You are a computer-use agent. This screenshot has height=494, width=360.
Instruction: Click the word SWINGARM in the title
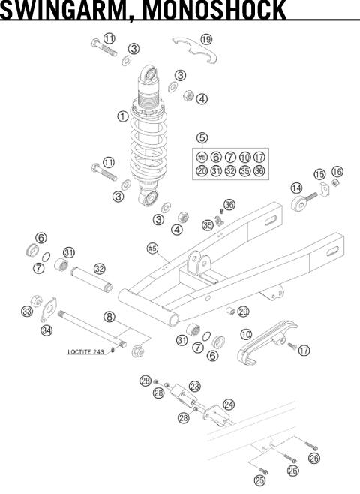[x=50, y=10]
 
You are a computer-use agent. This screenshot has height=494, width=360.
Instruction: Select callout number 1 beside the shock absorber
[x=122, y=117]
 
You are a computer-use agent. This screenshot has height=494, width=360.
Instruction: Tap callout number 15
[x=319, y=175]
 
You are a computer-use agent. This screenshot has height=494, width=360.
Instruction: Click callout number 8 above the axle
[x=109, y=318]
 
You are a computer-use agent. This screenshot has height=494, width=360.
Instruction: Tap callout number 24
[x=228, y=404]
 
